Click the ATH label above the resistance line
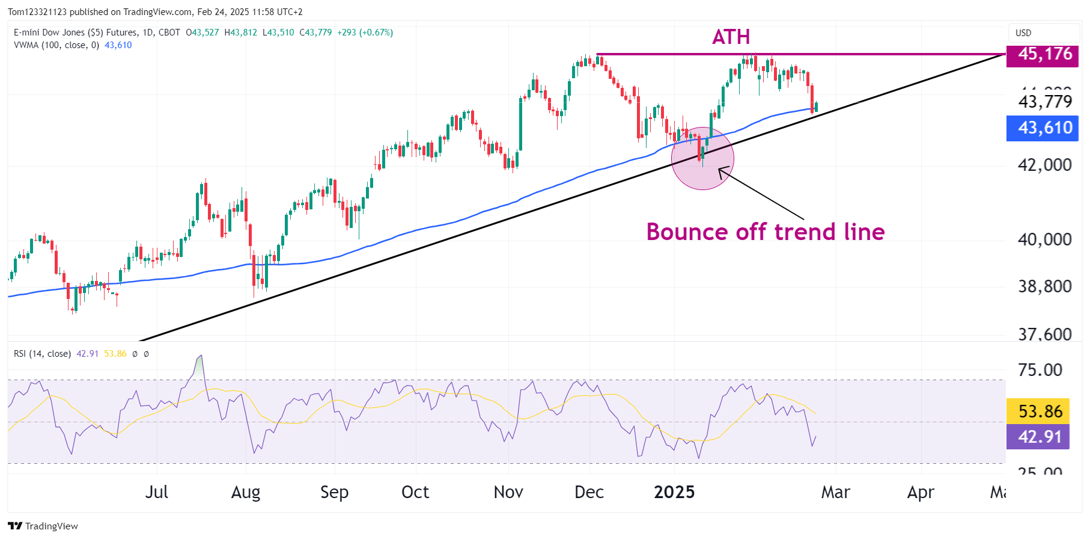point(731,37)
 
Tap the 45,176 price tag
point(1044,54)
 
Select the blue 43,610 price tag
point(1044,128)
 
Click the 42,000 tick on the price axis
point(1044,165)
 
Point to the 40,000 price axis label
point(1044,239)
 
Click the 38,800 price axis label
point(1044,286)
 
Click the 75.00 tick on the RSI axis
point(1040,370)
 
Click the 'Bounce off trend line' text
point(765,232)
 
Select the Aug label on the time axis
point(246,492)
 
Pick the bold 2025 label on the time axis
point(674,492)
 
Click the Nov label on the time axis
point(508,492)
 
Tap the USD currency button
point(1023,33)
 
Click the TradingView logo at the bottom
point(43,526)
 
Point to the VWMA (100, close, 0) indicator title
point(56,45)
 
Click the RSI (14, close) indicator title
point(42,354)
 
